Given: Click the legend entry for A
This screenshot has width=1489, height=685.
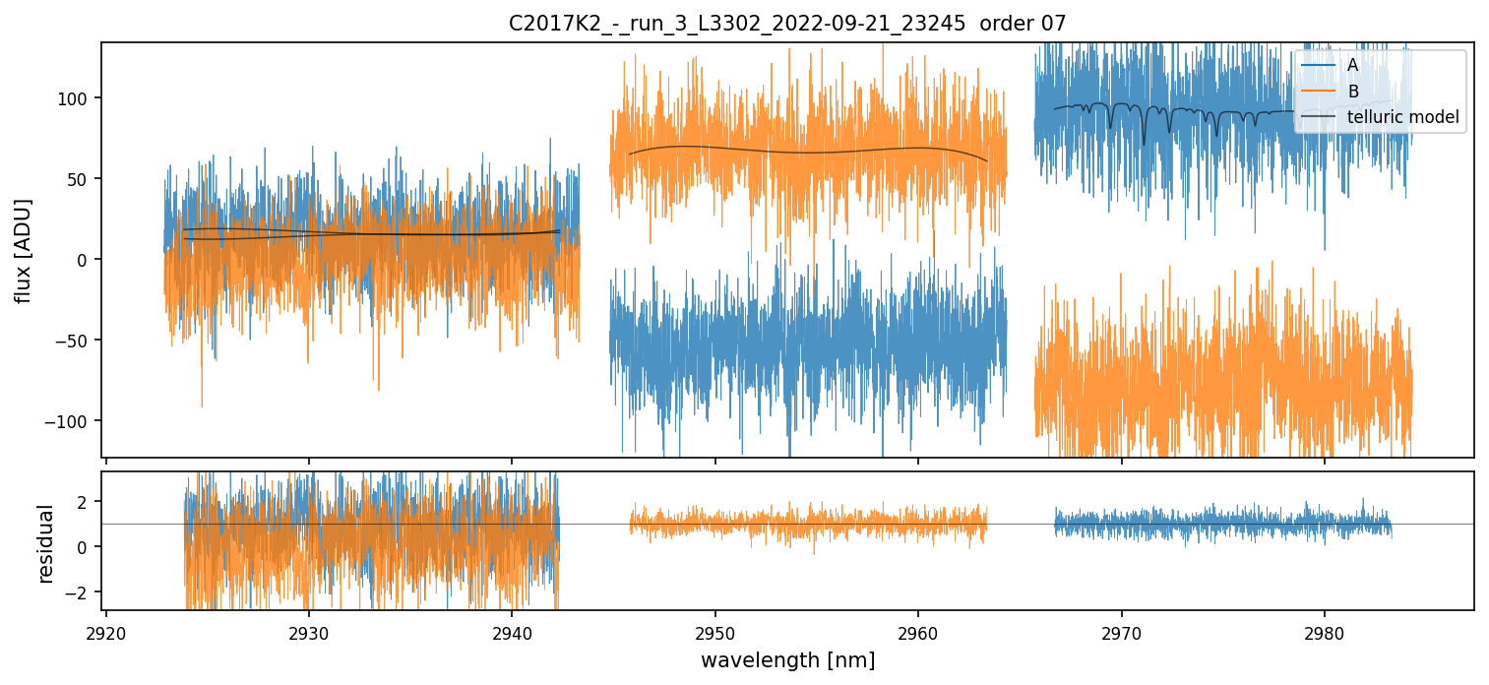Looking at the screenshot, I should [1352, 65].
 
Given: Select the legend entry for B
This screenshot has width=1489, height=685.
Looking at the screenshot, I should [1352, 92].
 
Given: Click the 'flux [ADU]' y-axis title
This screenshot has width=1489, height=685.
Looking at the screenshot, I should [22, 250].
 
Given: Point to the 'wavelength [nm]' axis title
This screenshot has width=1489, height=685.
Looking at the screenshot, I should [787, 660].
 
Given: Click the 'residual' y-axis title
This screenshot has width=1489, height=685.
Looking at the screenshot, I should [45, 543].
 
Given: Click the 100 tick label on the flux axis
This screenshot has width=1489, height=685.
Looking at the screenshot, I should [77, 98].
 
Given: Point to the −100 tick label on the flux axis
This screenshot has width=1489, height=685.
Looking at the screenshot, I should [71, 421].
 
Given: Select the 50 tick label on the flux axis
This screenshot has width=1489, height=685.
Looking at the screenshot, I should [81, 179].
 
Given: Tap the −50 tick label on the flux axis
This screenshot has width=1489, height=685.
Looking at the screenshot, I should [75, 341].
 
